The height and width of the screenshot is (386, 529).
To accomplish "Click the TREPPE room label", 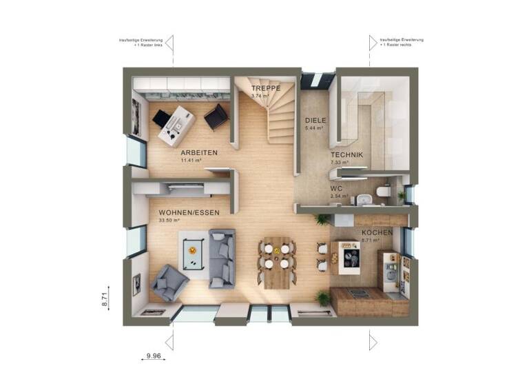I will coord(264,89).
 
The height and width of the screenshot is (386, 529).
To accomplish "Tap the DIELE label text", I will coord(315,120).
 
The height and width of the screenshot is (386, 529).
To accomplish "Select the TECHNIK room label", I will coord(346,155).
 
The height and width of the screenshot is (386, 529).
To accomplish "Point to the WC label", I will coord(336,187).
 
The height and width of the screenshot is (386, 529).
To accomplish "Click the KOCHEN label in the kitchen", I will coord(377,233).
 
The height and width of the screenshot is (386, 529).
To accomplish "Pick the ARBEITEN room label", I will coord(199,152).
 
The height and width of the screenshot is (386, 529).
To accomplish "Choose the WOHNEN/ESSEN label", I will coord(189,213).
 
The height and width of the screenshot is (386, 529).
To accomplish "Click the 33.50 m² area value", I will coord(169,221).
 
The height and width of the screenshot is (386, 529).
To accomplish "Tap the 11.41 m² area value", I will coord(190,160).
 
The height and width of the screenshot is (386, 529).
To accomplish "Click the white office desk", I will coord(176,125).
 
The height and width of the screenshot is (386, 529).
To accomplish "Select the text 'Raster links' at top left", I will coord(152,44).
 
